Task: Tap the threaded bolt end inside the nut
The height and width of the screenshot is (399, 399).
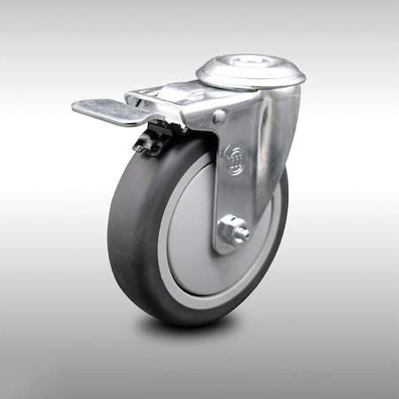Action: (x=239, y=232)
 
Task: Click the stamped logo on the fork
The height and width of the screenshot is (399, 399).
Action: (x=236, y=160)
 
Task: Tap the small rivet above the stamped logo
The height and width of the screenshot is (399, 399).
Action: (x=219, y=116)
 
